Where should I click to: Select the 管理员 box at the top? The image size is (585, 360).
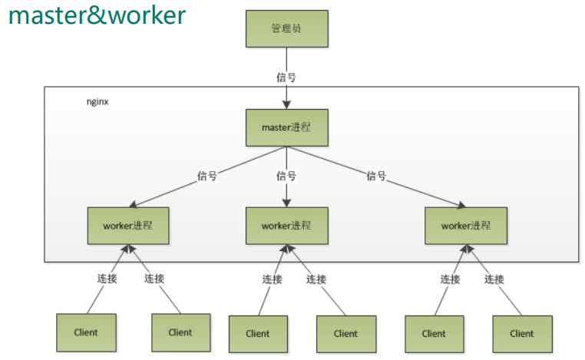286,28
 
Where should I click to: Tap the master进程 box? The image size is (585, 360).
286,127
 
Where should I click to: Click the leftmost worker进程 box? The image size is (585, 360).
128,225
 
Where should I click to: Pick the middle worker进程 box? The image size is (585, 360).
286,225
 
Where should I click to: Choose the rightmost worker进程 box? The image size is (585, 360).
466,225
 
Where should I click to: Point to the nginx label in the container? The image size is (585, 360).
97,101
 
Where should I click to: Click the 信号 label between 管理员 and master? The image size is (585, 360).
286,77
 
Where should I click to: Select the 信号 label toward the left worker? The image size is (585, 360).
207,176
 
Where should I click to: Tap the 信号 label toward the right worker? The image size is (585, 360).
376,176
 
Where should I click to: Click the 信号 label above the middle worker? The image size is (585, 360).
286,176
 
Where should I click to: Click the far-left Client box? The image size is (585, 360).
86,332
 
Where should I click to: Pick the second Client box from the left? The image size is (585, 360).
180,332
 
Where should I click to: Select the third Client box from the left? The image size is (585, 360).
258,333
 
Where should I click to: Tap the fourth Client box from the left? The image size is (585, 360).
345,333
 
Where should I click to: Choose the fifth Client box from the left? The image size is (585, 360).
434,333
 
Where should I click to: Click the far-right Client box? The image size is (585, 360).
522,333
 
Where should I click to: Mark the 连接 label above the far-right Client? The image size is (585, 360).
494,279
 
